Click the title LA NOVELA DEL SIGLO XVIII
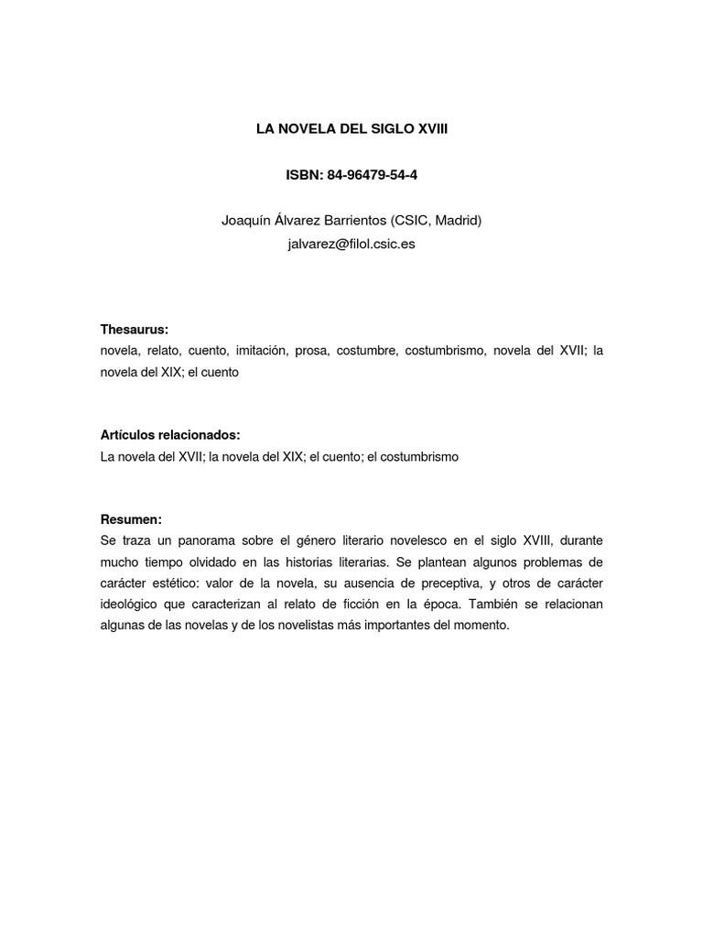(x=351, y=131)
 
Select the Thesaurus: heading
(x=135, y=330)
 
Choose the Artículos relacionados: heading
(x=170, y=434)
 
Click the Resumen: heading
(x=131, y=518)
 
